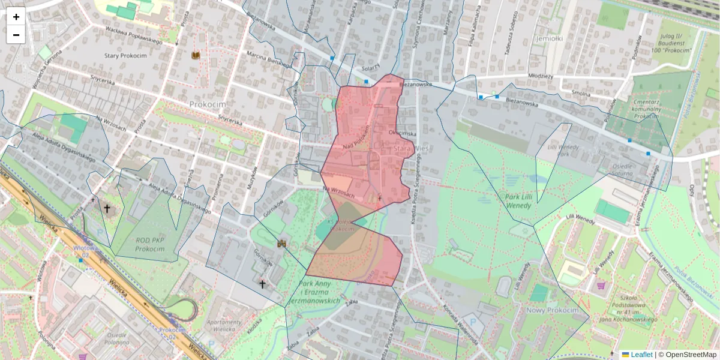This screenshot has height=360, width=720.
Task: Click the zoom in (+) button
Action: tap(16, 16)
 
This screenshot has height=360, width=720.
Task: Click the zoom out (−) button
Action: tap(16, 34)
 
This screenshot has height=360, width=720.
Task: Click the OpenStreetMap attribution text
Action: tap(689, 355)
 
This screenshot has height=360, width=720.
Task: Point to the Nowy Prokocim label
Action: tap(551, 310)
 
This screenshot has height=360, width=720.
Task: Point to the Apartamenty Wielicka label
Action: tap(223, 326)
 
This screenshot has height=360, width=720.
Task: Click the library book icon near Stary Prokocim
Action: tap(195, 55)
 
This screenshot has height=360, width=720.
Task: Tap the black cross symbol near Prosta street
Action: tap(107, 209)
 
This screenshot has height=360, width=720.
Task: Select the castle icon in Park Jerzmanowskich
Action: tap(281, 244)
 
